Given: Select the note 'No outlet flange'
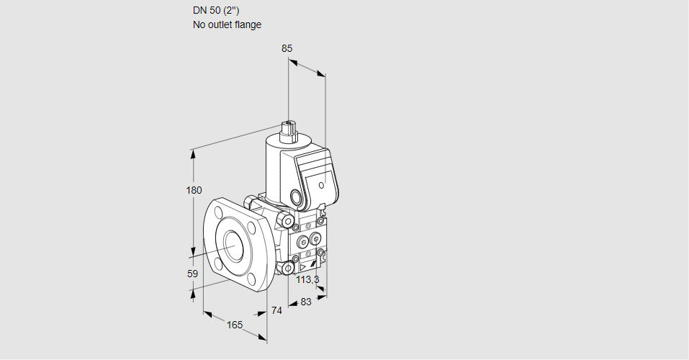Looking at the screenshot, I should pos(227,24).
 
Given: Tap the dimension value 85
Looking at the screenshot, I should pos(287,48).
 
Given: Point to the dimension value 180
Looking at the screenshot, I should pos(194,190).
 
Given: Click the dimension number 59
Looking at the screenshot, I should pos(192,274).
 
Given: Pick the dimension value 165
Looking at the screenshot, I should pos(235,325).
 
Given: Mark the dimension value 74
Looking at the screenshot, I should pos(276,310).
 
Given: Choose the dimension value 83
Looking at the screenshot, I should pos(305,302).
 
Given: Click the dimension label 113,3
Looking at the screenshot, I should pos(307,279).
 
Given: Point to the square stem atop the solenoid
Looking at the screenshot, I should pos(290,130).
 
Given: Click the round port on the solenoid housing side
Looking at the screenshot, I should pos(296,196).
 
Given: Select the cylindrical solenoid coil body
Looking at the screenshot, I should pos(277,166).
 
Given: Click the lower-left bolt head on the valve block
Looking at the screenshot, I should pos(288,269).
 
